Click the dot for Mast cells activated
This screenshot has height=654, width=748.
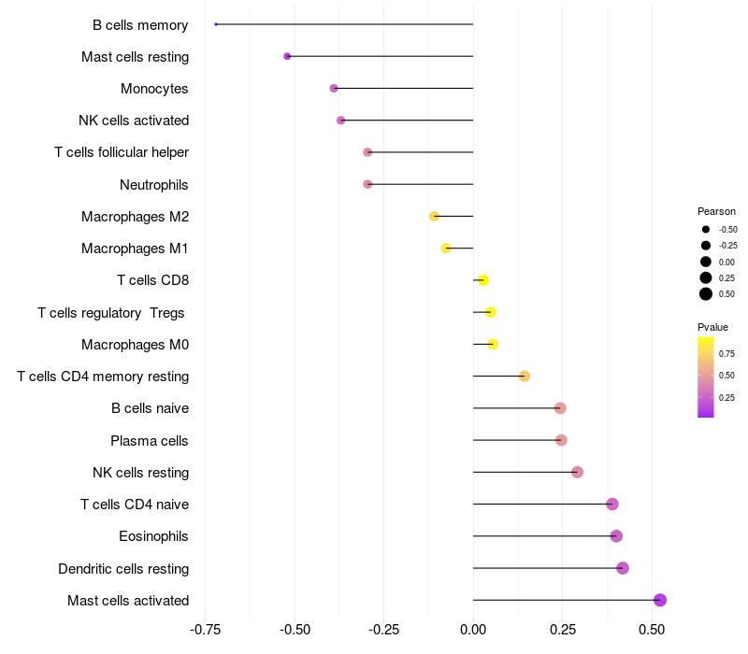coord(659,600)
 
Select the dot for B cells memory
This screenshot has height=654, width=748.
coord(216,24)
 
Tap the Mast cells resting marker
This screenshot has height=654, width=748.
coord(287,56)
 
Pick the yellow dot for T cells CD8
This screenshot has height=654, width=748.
coord(483,280)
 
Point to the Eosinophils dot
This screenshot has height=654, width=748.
coord(616,536)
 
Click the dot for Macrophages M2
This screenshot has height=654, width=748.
coord(434,216)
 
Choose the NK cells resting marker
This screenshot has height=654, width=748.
coord(577,472)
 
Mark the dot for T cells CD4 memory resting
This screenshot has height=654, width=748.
coord(525,377)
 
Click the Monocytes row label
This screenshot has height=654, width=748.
coord(154,89)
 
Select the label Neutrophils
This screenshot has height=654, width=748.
coord(154,185)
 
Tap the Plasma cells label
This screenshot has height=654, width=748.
coord(150,440)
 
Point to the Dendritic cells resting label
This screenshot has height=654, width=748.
coord(123,568)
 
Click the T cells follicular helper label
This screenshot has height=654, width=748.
coord(122,152)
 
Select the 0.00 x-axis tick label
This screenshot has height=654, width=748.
coord(474,630)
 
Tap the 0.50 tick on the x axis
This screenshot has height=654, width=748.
coord(652,630)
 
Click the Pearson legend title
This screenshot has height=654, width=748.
coord(716,211)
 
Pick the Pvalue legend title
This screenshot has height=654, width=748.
coord(712,327)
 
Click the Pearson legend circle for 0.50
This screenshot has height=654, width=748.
coord(706,294)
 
